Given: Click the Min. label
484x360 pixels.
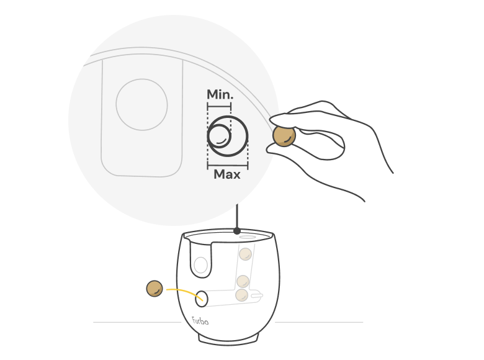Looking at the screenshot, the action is tap(220, 94).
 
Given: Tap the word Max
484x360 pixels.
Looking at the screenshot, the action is tap(227, 174).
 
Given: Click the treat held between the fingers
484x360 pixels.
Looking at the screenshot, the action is tap(284, 136).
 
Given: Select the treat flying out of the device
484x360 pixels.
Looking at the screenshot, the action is tap(155, 289).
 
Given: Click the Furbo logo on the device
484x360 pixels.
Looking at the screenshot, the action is tap(200, 321).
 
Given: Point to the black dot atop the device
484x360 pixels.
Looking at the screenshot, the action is tap(237, 231).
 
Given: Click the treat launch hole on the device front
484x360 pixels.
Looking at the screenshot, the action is tap(201, 299).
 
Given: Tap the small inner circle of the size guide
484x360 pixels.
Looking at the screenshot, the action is tap(220, 135).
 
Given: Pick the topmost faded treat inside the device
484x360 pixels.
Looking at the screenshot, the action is tap(245, 254).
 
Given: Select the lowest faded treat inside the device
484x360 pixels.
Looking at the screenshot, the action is tap(241, 295).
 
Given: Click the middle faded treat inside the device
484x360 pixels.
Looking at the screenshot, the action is tap(243, 282).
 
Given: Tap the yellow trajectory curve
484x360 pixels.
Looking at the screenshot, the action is tap(184, 293).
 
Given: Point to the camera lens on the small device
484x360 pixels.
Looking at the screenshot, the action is tap(200, 265).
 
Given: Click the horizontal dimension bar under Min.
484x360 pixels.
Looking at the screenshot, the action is tap(219, 107).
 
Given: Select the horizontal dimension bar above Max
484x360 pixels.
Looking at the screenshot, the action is tap(228, 166).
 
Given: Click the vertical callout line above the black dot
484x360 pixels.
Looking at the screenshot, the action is tap(237, 216).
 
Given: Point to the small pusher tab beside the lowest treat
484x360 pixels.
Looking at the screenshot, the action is tap(257, 296).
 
